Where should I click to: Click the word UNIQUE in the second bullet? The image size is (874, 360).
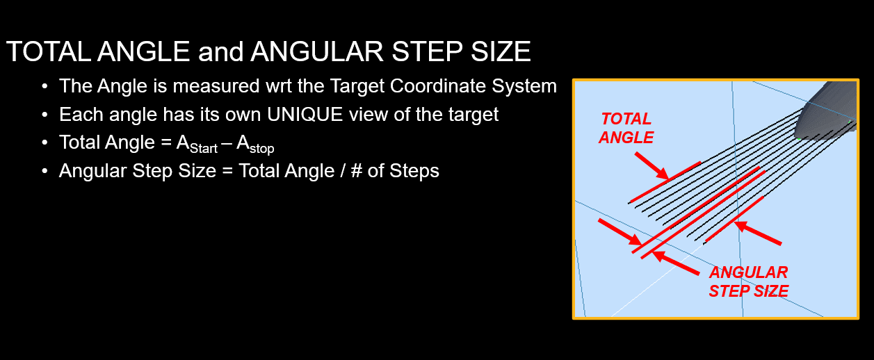(x=305, y=114)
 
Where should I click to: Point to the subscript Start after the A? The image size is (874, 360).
(x=204, y=149)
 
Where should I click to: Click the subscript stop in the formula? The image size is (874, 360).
(x=262, y=149)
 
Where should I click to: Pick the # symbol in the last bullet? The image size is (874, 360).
(x=356, y=171)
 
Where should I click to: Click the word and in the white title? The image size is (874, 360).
(x=221, y=52)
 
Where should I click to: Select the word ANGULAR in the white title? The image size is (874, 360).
(x=317, y=51)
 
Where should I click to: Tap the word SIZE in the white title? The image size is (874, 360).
(x=501, y=51)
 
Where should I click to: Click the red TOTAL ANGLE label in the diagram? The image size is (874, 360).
(x=626, y=129)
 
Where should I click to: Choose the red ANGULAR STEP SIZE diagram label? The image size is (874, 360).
(x=748, y=281)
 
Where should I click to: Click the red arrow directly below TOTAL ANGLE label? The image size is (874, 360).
(x=652, y=166)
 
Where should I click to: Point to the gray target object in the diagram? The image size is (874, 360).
(x=825, y=111)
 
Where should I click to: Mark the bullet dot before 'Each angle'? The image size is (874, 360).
(x=45, y=115)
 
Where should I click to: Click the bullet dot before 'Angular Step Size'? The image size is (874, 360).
(x=45, y=171)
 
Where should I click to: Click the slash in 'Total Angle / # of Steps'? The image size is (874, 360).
(x=343, y=171)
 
